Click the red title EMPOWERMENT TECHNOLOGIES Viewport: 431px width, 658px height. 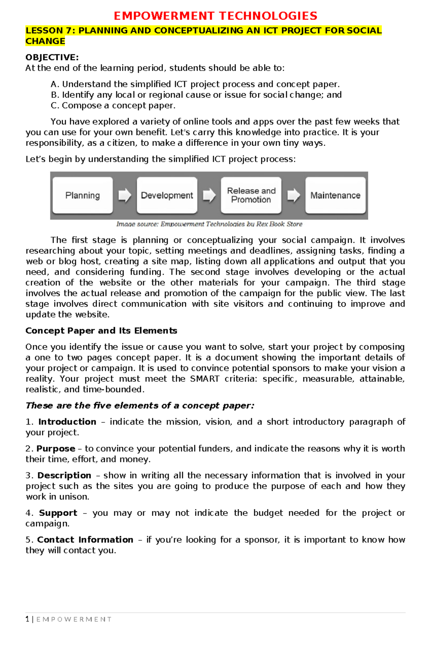215,16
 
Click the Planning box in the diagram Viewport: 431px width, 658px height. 83,195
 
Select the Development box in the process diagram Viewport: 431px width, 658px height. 167,195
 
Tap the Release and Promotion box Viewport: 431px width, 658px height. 251,195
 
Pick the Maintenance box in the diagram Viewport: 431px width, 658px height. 335,195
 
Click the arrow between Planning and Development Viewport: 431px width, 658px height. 125,195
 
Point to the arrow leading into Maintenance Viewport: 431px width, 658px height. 293,195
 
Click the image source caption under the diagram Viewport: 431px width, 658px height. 209,224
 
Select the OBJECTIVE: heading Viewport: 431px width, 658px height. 52,57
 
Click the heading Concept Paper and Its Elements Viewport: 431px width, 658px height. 101,331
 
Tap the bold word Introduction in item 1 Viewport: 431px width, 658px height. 67,422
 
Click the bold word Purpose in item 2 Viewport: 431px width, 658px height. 56,449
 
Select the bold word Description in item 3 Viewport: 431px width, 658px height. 64,475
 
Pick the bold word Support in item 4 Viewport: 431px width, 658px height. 58,513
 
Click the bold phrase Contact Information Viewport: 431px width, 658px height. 85,540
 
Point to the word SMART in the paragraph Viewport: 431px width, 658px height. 204,379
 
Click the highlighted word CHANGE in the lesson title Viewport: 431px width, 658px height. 45,41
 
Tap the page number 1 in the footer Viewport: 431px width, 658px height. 27,619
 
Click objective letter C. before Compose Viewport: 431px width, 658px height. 55,106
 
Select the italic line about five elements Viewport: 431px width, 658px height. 140,406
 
